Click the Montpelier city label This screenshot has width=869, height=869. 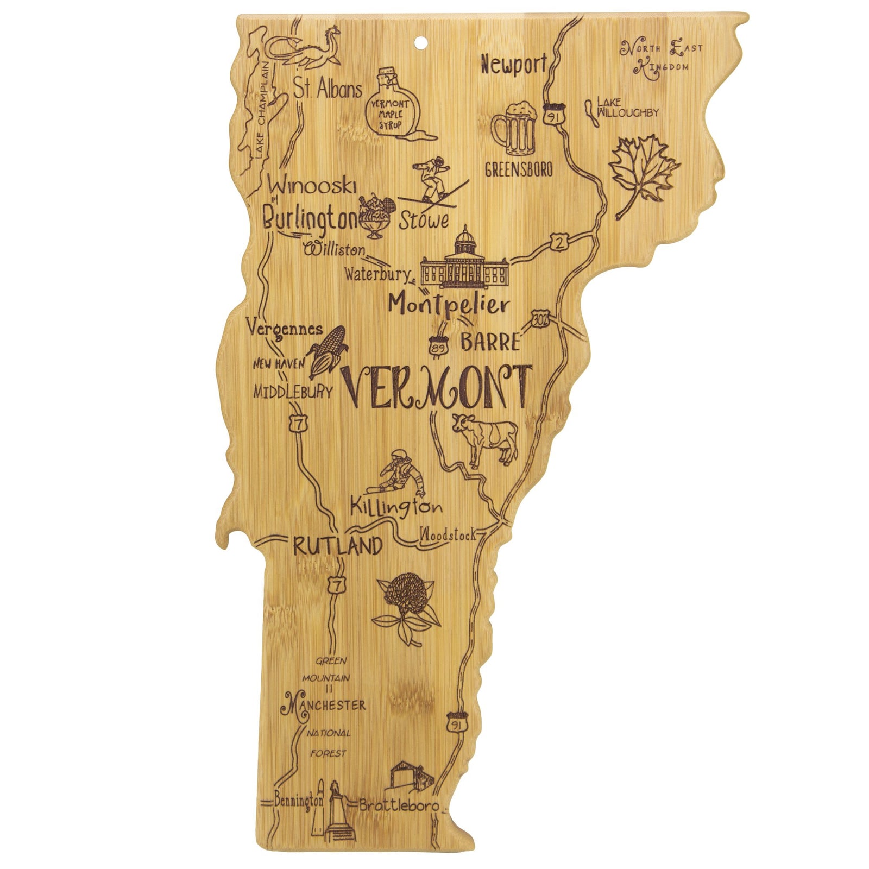click(449, 305)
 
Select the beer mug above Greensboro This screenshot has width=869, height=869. click(514, 128)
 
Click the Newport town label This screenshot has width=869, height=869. click(513, 65)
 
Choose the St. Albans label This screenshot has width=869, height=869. click(328, 89)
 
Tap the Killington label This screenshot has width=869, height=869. click(396, 507)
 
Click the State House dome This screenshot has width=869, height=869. click(465, 240)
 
